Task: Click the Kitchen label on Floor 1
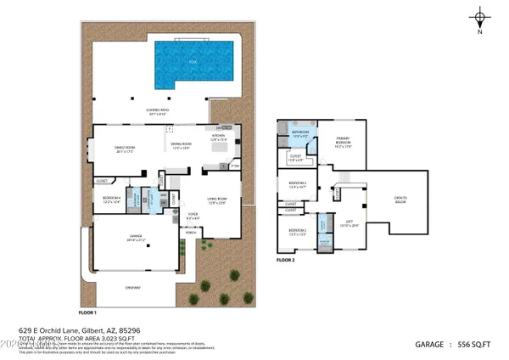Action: click(x=217, y=137)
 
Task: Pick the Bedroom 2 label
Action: click(x=298, y=230)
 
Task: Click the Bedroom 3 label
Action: click(x=297, y=184)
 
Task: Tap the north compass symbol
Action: click(x=481, y=19)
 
